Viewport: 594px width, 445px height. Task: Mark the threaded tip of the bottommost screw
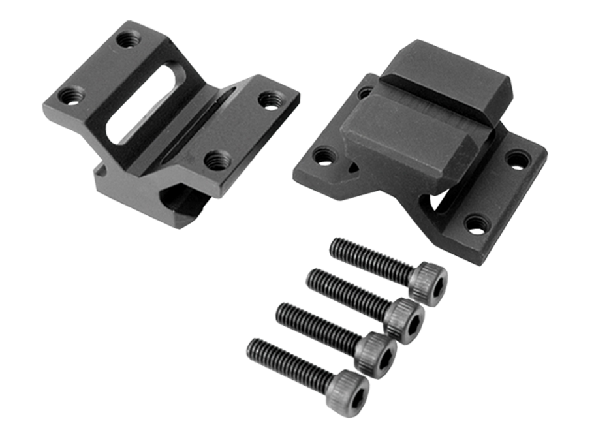point(251,346)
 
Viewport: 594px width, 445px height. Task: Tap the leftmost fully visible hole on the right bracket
point(323,156)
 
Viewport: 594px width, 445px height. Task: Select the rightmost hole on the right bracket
point(518,158)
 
